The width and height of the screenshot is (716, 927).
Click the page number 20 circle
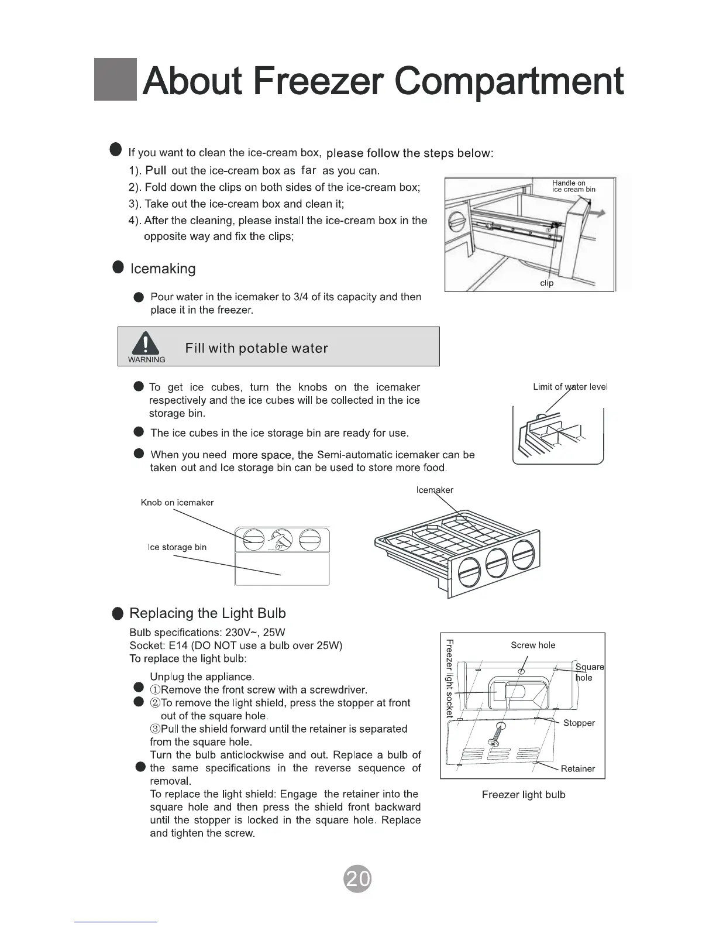click(358, 878)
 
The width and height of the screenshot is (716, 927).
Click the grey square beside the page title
click(115, 80)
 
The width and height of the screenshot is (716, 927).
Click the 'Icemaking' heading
click(163, 269)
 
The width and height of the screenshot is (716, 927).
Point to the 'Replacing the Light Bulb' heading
click(207, 613)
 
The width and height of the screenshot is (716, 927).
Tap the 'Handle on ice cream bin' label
click(573, 186)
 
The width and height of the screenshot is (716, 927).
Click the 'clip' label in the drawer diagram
click(546, 283)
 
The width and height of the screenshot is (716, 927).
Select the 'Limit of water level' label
click(570, 387)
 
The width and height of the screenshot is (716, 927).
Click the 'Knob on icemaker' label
click(177, 502)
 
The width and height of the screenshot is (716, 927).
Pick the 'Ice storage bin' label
click(177, 547)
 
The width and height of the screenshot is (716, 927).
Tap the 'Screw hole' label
click(533, 645)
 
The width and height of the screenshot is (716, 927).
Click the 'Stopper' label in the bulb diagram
click(579, 723)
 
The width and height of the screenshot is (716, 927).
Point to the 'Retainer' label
click(577, 768)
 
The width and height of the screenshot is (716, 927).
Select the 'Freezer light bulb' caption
click(524, 795)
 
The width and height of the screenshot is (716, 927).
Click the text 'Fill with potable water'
click(256, 348)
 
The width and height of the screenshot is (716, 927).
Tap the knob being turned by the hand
click(279, 540)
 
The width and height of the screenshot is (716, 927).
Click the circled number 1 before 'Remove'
click(155, 690)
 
